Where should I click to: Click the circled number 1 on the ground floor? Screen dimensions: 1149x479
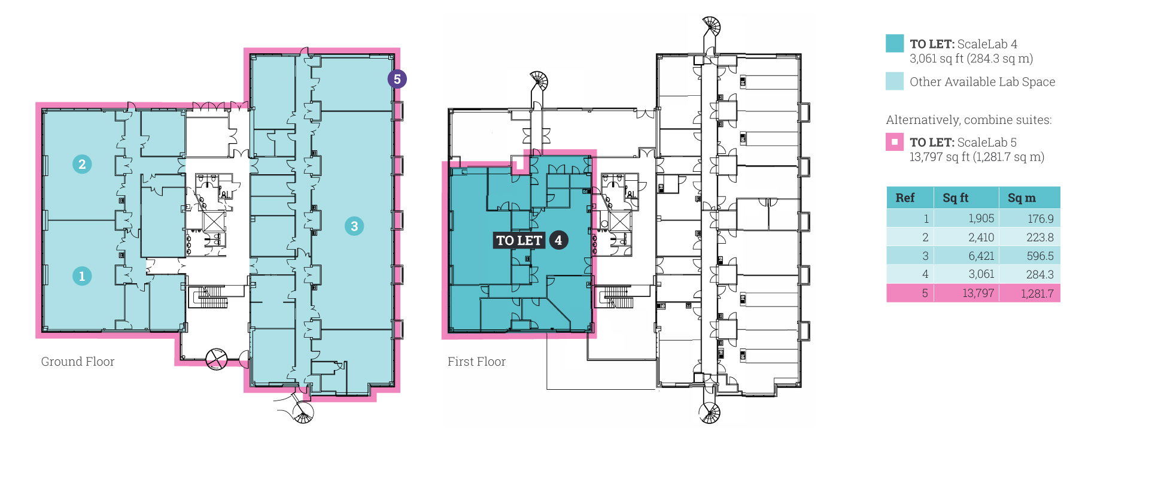click(x=82, y=276)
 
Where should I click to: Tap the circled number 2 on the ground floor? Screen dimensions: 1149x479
click(x=82, y=164)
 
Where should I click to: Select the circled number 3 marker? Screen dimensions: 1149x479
click(x=354, y=226)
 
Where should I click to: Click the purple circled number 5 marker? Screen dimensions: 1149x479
click(x=397, y=79)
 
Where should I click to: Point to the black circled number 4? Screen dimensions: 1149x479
click(x=558, y=240)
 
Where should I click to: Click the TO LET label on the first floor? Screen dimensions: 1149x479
click(x=519, y=240)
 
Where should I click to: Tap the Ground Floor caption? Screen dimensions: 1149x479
click(x=78, y=362)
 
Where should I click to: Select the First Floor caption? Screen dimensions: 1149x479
click(x=476, y=362)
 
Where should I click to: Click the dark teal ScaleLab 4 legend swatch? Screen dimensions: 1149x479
click(x=895, y=43)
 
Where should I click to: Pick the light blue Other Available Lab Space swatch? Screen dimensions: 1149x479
click(x=895, y=81)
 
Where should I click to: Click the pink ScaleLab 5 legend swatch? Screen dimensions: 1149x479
click(x=895, y=142)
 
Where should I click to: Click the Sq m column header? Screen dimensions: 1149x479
click(x=1022, y=198)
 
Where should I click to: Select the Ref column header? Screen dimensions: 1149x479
click(x=905, y=198)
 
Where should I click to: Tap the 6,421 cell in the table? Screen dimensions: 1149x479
click(x=981, y=256)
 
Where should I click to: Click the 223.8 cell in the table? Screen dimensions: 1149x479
click(x=1040, y=237)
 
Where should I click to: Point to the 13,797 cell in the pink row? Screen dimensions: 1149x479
click(x=978, y=293)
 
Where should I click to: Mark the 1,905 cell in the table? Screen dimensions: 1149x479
click(x=981, y=219)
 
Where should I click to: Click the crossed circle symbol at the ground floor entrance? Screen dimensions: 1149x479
click(x=216, y=359)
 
